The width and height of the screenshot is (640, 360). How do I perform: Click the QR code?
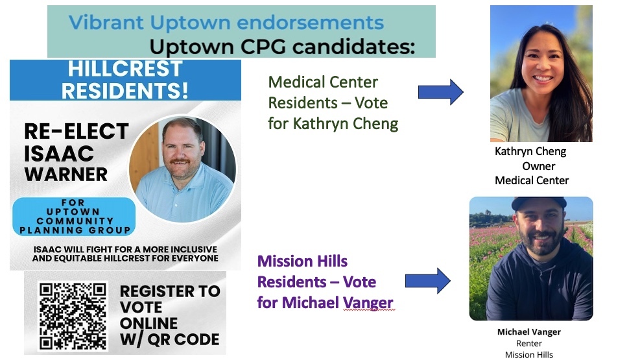click(x=73, y=316)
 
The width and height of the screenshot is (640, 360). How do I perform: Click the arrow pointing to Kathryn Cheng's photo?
click(x=440, y=92)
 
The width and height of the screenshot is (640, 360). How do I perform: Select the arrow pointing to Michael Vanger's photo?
click(x=427, y=281)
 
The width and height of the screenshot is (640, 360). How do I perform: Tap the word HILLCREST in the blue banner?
click(x=125, y=69)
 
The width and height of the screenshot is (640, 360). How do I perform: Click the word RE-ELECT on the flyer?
click(x=77, y=132)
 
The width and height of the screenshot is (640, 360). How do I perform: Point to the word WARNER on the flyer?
click(x=65, y=174)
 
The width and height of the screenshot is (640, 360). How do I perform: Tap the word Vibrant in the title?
click(x=106, y=23)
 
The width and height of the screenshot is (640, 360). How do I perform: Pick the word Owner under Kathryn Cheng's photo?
click(x=538, y=166)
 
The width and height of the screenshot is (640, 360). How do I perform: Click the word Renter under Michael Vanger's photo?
click(x=528, y=343)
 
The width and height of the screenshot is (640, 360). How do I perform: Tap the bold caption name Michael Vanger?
click(x=528, y=332)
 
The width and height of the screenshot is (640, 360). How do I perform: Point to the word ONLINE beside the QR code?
click(x=149, y=322)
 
